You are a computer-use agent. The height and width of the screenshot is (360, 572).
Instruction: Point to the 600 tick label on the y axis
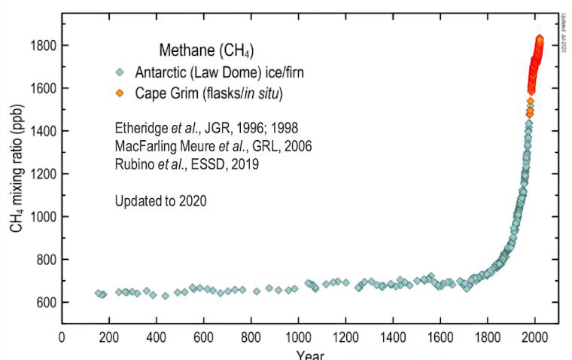(x=43, y=303)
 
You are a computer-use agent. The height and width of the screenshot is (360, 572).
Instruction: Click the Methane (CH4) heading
(x=205, y=52)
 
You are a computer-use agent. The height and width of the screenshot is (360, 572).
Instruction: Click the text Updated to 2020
(x=160, y=202)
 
